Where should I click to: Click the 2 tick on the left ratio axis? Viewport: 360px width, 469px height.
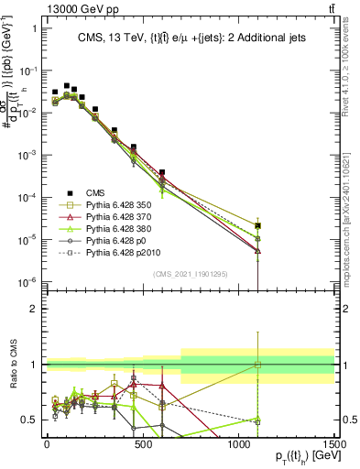(33, 309)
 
